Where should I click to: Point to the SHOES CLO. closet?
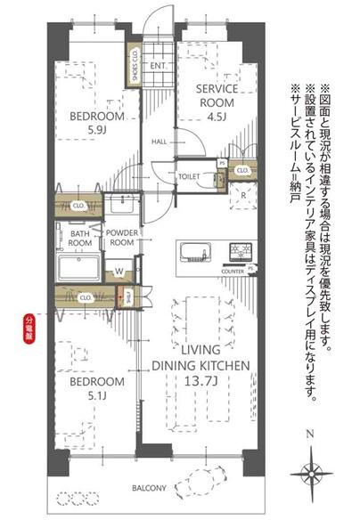[134, 65]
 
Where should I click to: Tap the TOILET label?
[188, 176]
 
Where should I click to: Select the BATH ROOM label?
[80, 239]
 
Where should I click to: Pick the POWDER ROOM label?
[121, 239]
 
